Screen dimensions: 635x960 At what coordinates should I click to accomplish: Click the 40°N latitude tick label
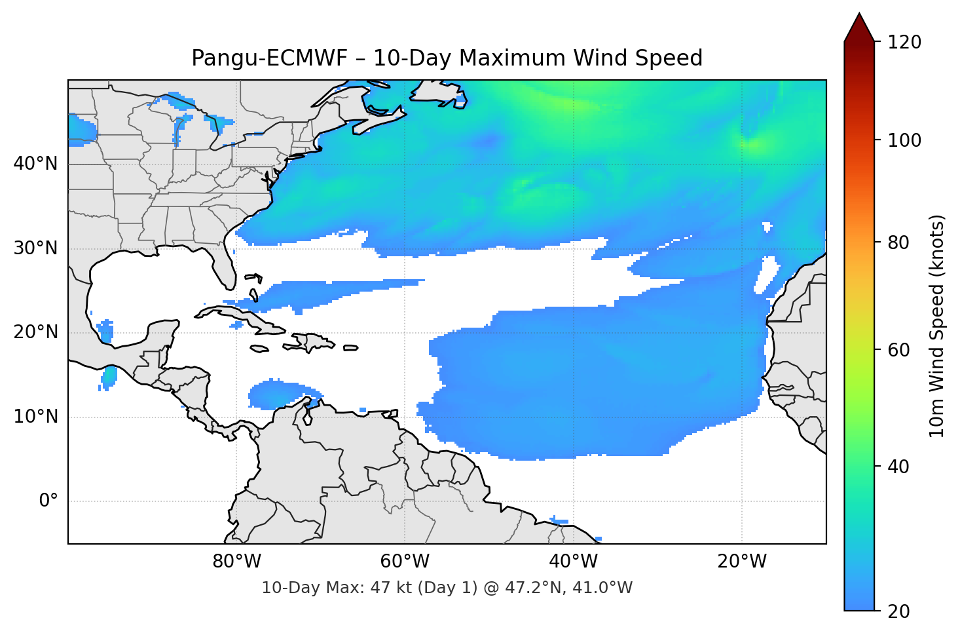coord(35,164)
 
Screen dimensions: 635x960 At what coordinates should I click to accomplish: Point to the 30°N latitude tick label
coord(35,248)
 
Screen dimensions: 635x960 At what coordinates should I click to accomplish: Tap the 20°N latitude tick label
coord(35,332)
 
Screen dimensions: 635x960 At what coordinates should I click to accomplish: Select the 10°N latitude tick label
coord(35,417)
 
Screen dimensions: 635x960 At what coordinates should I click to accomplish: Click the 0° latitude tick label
coord(48,501)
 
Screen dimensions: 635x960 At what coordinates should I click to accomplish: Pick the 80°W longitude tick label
coord(236,562)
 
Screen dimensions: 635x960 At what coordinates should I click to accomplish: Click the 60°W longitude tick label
coord(405,562)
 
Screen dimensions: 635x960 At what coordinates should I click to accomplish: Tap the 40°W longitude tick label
coord(573,562)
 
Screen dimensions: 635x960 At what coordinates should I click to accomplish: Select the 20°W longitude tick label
coord(742,562)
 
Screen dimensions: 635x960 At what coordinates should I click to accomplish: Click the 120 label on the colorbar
coord(904,42)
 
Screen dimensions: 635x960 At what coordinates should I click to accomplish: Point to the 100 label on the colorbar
coord(904,140)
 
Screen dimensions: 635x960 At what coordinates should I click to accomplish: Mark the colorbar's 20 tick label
coord(898,611)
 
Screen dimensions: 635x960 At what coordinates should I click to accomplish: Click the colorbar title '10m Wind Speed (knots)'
coord(937,326)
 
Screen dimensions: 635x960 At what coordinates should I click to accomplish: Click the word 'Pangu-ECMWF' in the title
coord(269,58)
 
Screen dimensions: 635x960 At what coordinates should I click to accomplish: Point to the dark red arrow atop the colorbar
coord(859,28)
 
